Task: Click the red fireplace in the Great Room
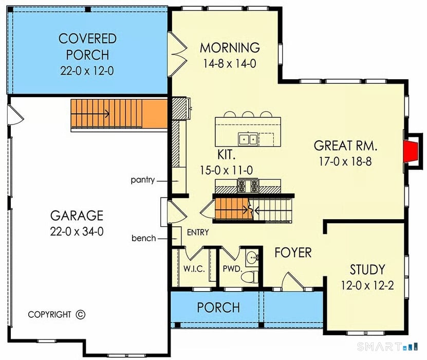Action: [x=410, y=152]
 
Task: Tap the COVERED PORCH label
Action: [x=87, y=46]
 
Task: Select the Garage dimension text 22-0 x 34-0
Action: [x=77, y=231]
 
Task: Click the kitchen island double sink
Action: [x=248, y=138]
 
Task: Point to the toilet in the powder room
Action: [x=250, y=277]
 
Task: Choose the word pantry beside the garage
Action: [x=142, y=181]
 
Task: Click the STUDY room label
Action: [x=367, y=269]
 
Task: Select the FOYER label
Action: [x=293, y=253]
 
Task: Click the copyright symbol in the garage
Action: [x=80, y=314]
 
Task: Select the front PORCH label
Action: [x=218, y=308]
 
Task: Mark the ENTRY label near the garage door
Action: [x=198, y=232]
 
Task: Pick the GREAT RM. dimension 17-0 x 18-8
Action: [x=346, y=161]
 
